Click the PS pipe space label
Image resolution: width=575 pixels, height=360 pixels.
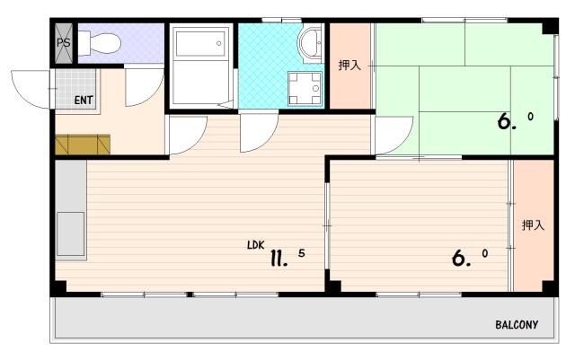click(x=64, y=43)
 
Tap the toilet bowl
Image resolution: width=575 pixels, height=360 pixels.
click(x=100, y=43)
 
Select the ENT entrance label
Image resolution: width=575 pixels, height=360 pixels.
click(x=84, y=100)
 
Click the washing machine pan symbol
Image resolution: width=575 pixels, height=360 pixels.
click(x=305, y=88)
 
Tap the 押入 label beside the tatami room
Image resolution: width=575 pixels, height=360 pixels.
click(x=349, y=66)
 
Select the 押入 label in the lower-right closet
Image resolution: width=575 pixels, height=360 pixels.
click(x=533, y=224)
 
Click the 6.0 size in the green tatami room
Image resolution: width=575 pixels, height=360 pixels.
click(x=515, y=121)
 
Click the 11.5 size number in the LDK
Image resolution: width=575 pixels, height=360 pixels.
click(x=287, y=258)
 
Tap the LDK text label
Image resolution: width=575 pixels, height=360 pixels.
click(x=255, y=245)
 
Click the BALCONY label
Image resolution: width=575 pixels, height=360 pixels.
click(x=517, y=324)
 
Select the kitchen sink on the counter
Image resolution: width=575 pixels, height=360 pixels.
click(x=71, y=234)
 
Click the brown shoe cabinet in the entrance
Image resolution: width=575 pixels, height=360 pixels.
click(x=83, y=145)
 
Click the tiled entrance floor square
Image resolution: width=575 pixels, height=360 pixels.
click(x=75, y=88)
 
